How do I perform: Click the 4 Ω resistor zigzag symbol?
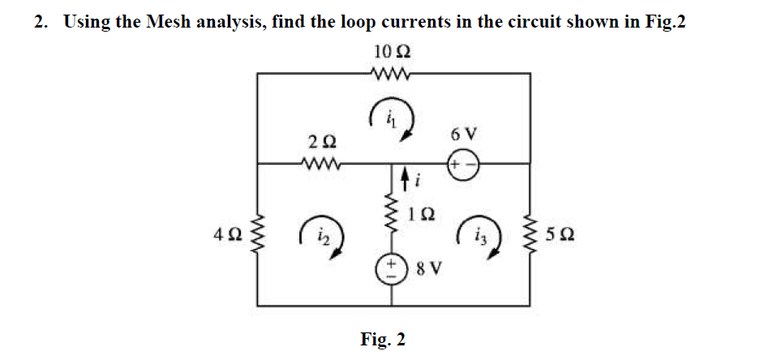click(x=258, y=236)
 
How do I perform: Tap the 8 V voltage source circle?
click(x=393, y=268)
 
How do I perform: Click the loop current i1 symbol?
click(x=393, y=120)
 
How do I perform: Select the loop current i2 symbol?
click(x=321, y=238)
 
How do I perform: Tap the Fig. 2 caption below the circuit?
click(x=382, y=338)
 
